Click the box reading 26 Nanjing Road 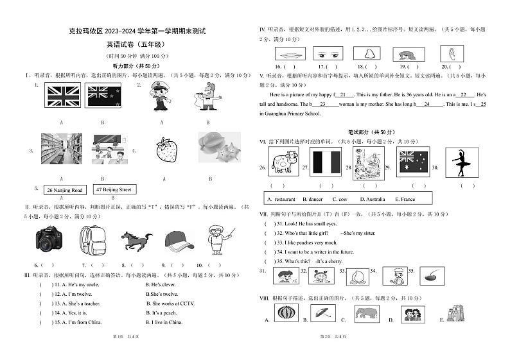[x=65, y=190]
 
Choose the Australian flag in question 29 [x=414, y=162]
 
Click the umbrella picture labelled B [x=326, y=313]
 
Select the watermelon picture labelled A [x=286, y=313]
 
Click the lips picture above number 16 [x=288, y=54]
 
